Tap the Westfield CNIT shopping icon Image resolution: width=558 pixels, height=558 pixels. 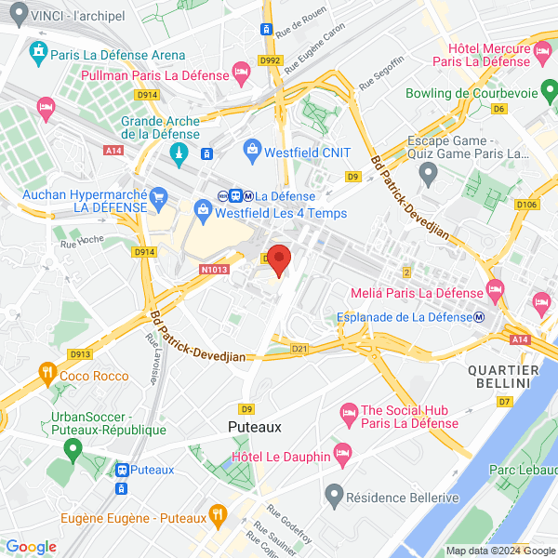251,149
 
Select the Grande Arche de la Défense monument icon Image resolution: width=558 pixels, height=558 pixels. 181,153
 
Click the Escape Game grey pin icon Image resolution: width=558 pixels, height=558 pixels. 428,172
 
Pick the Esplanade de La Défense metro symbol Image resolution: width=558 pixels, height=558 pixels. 478,316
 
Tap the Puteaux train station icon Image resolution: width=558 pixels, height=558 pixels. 121,470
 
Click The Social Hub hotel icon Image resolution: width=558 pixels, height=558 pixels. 349,410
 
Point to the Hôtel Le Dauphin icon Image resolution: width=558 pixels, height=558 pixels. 342,455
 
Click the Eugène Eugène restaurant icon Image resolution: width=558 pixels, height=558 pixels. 217,512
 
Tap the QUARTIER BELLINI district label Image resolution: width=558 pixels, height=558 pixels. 502,377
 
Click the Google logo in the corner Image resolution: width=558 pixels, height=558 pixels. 31,547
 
